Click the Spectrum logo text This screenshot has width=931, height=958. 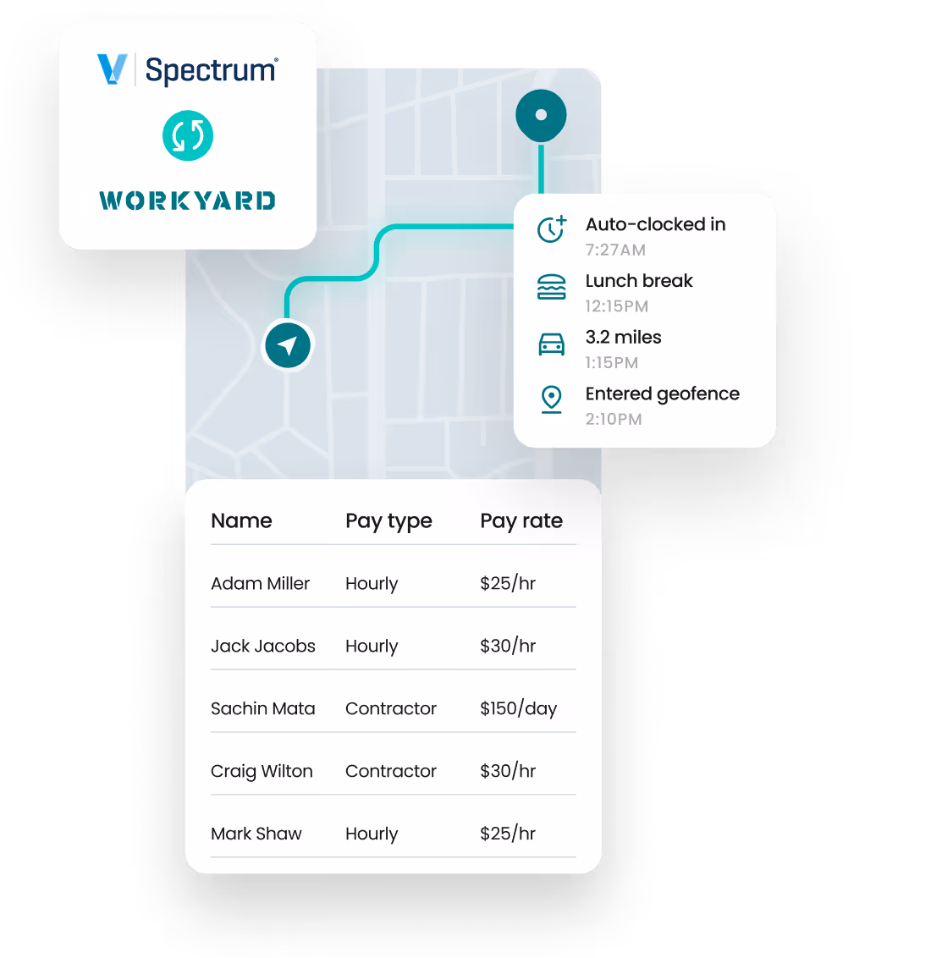click(x=211, y=70)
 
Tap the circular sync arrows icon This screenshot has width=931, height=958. click(x=188, y=135)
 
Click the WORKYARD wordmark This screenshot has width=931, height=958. click(x=188, y=201)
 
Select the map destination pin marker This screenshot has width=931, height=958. click(x=541, y=114)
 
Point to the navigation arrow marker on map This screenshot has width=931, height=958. click(x=288, y=345)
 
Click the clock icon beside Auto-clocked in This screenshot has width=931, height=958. click(x=552, y=228)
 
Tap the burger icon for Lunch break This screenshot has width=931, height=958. click(x=552, y=287)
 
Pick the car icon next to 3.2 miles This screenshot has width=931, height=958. click(x=552, y=344)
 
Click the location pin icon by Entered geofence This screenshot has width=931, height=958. click(x=552, y=399)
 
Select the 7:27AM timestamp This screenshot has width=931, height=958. click(x=615, y=250)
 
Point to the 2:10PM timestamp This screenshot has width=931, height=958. click(x=614, y=419)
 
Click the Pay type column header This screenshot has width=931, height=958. click(x=388, y=521)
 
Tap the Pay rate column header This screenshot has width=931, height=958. click(x=521, y=521)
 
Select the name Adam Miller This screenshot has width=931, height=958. click(x=260, y=583)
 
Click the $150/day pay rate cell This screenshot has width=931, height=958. click(x=518, y=708)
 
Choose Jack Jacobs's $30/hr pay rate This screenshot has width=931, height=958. click(x=508, y=646)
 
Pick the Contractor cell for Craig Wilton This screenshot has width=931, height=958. click(x=391, y=771)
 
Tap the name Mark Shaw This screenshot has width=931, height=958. click(x=256, y=834)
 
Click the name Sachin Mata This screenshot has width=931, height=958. click(x=262, y=708)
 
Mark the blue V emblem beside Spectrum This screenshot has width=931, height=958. click(x=112, y=69)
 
